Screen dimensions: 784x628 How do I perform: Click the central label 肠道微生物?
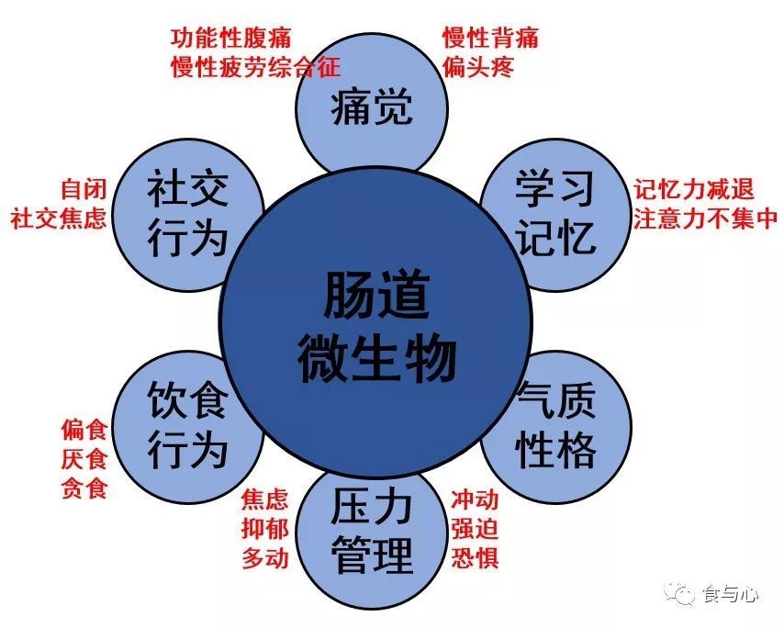(x=376, y=328)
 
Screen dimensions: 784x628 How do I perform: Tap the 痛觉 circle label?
(x=372, y=107)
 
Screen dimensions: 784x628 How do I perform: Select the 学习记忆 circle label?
(x=555, y=213)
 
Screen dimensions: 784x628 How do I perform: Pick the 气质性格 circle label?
(x=555, y=425)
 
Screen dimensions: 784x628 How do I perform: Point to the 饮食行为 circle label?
(x=187, y=425)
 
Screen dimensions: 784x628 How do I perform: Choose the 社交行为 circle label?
(x=187, y=214)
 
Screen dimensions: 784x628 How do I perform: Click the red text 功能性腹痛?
(x=231, y=38)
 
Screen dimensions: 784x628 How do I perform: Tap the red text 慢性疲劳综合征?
(x=255, y=67)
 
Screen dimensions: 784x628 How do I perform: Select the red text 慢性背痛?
(x=490, y=38)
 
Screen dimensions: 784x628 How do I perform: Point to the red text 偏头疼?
(x=478, y=67)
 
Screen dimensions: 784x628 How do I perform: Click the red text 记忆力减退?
(x=694, y=189)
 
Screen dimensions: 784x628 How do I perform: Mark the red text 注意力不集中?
(x=706, y=219)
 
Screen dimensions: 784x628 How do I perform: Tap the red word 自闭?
(x=84, y=189)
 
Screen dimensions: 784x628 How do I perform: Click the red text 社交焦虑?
(x=59, y=219)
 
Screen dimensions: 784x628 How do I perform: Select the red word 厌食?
(x=84, y=459)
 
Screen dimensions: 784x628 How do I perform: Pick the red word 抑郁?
(x=265, y=529)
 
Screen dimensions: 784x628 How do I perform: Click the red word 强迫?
(x=475, y=529)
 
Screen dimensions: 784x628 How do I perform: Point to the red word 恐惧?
(x=475, y=557)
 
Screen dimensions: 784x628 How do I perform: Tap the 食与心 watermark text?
(x=731, y=595)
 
